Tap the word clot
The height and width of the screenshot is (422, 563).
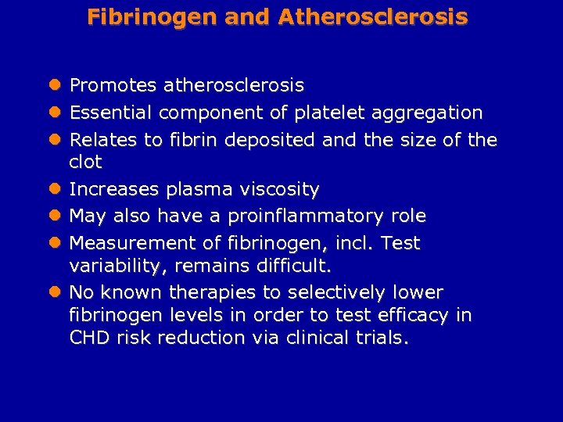click(x=86, y=163)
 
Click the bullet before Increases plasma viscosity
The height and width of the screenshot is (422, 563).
click(x=55, y=189)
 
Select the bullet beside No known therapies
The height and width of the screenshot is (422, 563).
click(x=55, y=293)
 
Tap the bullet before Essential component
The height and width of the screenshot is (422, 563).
click(x=55, y=113)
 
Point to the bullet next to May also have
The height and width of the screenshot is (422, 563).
click(x=55, y=216)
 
